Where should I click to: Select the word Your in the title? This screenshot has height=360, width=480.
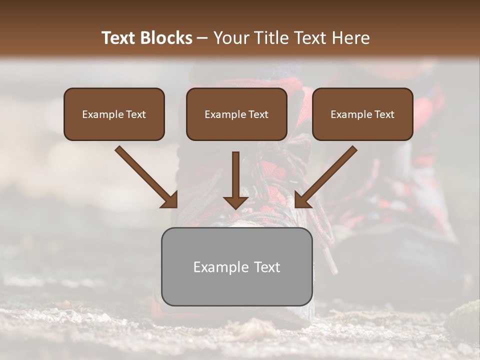(230, 38)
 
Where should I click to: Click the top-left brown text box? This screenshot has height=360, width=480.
(114, 114)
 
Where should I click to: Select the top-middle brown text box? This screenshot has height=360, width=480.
(236, 114)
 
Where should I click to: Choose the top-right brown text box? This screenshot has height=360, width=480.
(362, 114)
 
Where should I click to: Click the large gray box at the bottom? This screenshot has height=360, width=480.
(236, 266)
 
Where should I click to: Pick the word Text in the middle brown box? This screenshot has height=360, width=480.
(258, 114)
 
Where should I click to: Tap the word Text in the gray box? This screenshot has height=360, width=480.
(267, 267)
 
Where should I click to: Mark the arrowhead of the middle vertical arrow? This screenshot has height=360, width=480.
(235, 202)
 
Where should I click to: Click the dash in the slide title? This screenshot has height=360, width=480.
(202, 38)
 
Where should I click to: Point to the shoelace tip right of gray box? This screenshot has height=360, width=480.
(331, 262)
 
